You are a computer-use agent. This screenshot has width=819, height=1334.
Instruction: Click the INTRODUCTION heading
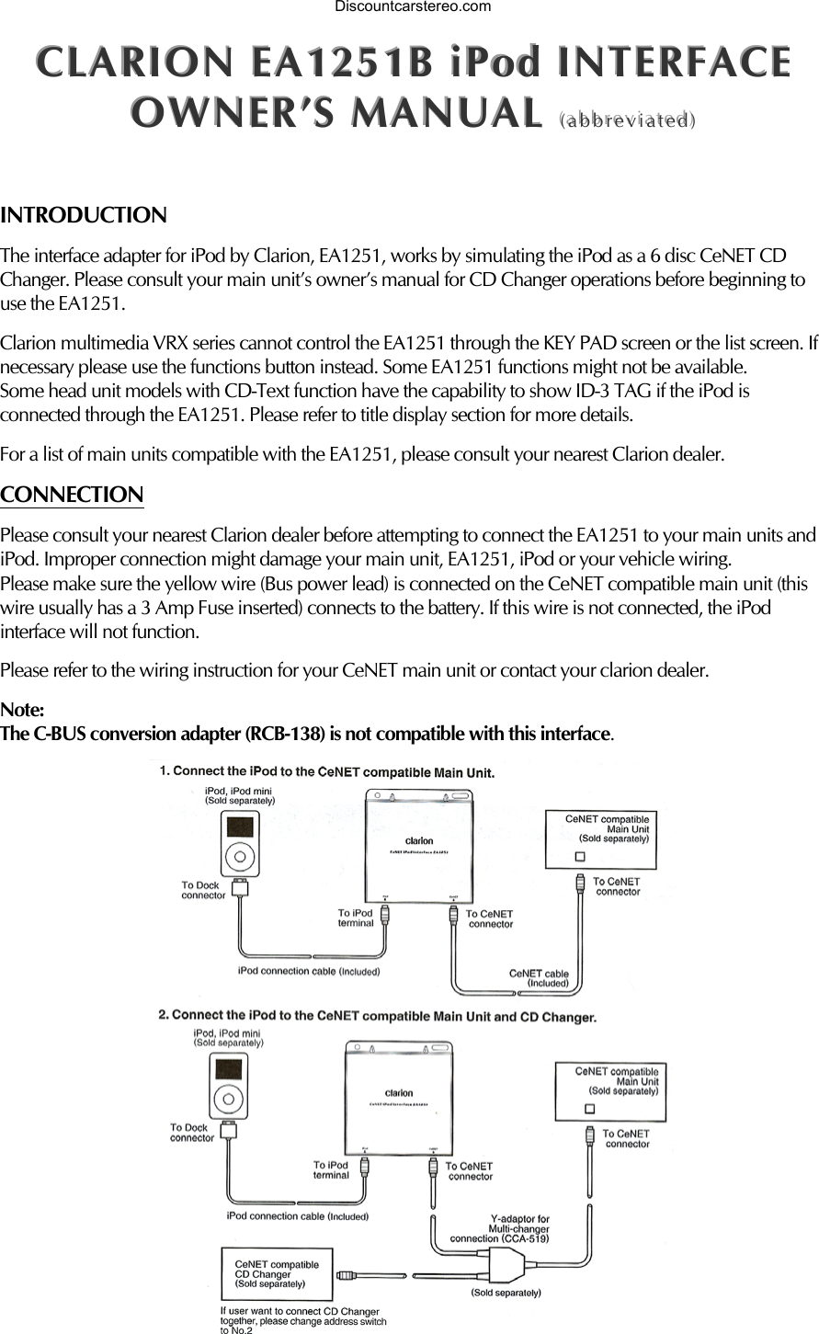point(84,216)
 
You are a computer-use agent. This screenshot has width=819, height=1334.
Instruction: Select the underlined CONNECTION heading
point(72,496)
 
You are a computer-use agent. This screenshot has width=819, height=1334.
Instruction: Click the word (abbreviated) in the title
point(626,120)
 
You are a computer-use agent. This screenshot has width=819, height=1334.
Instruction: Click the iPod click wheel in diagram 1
point(240,855)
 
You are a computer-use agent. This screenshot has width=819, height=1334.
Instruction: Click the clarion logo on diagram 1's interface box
point(419,840)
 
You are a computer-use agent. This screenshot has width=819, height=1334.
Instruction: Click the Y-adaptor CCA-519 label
point(502,1229)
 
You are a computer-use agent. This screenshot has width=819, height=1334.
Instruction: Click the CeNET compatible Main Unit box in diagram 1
point(601,838)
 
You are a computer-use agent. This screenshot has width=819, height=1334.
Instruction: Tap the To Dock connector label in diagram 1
point(203,890)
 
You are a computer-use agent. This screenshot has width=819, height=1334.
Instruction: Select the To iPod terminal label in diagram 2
point(331,1169)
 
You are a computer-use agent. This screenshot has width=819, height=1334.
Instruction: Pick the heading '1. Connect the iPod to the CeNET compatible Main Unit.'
point(327,771)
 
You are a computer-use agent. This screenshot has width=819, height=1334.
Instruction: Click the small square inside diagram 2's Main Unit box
point(590,1108)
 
